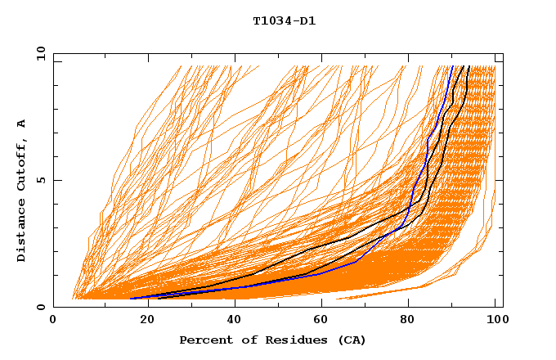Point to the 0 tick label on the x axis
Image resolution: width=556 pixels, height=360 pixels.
click(x=54, y=320)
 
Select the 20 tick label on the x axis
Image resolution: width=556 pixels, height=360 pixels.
click(x=142, y=320)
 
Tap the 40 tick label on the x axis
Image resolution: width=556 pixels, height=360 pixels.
click(x=231, y=320)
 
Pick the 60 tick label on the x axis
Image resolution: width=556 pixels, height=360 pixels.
click(x=319, y=320)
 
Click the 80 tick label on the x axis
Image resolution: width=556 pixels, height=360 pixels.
click(x=407, y=320)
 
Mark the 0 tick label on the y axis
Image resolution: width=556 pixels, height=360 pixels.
click(x=40, y=307)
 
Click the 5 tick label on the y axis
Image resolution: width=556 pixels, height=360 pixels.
click(x=40, y=180)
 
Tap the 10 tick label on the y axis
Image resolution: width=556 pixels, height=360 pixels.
click(x=38, y=53)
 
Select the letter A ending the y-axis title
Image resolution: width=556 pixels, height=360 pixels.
click(x=22, y=123)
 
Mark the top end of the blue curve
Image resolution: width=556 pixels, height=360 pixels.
click(x=452, y=66)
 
